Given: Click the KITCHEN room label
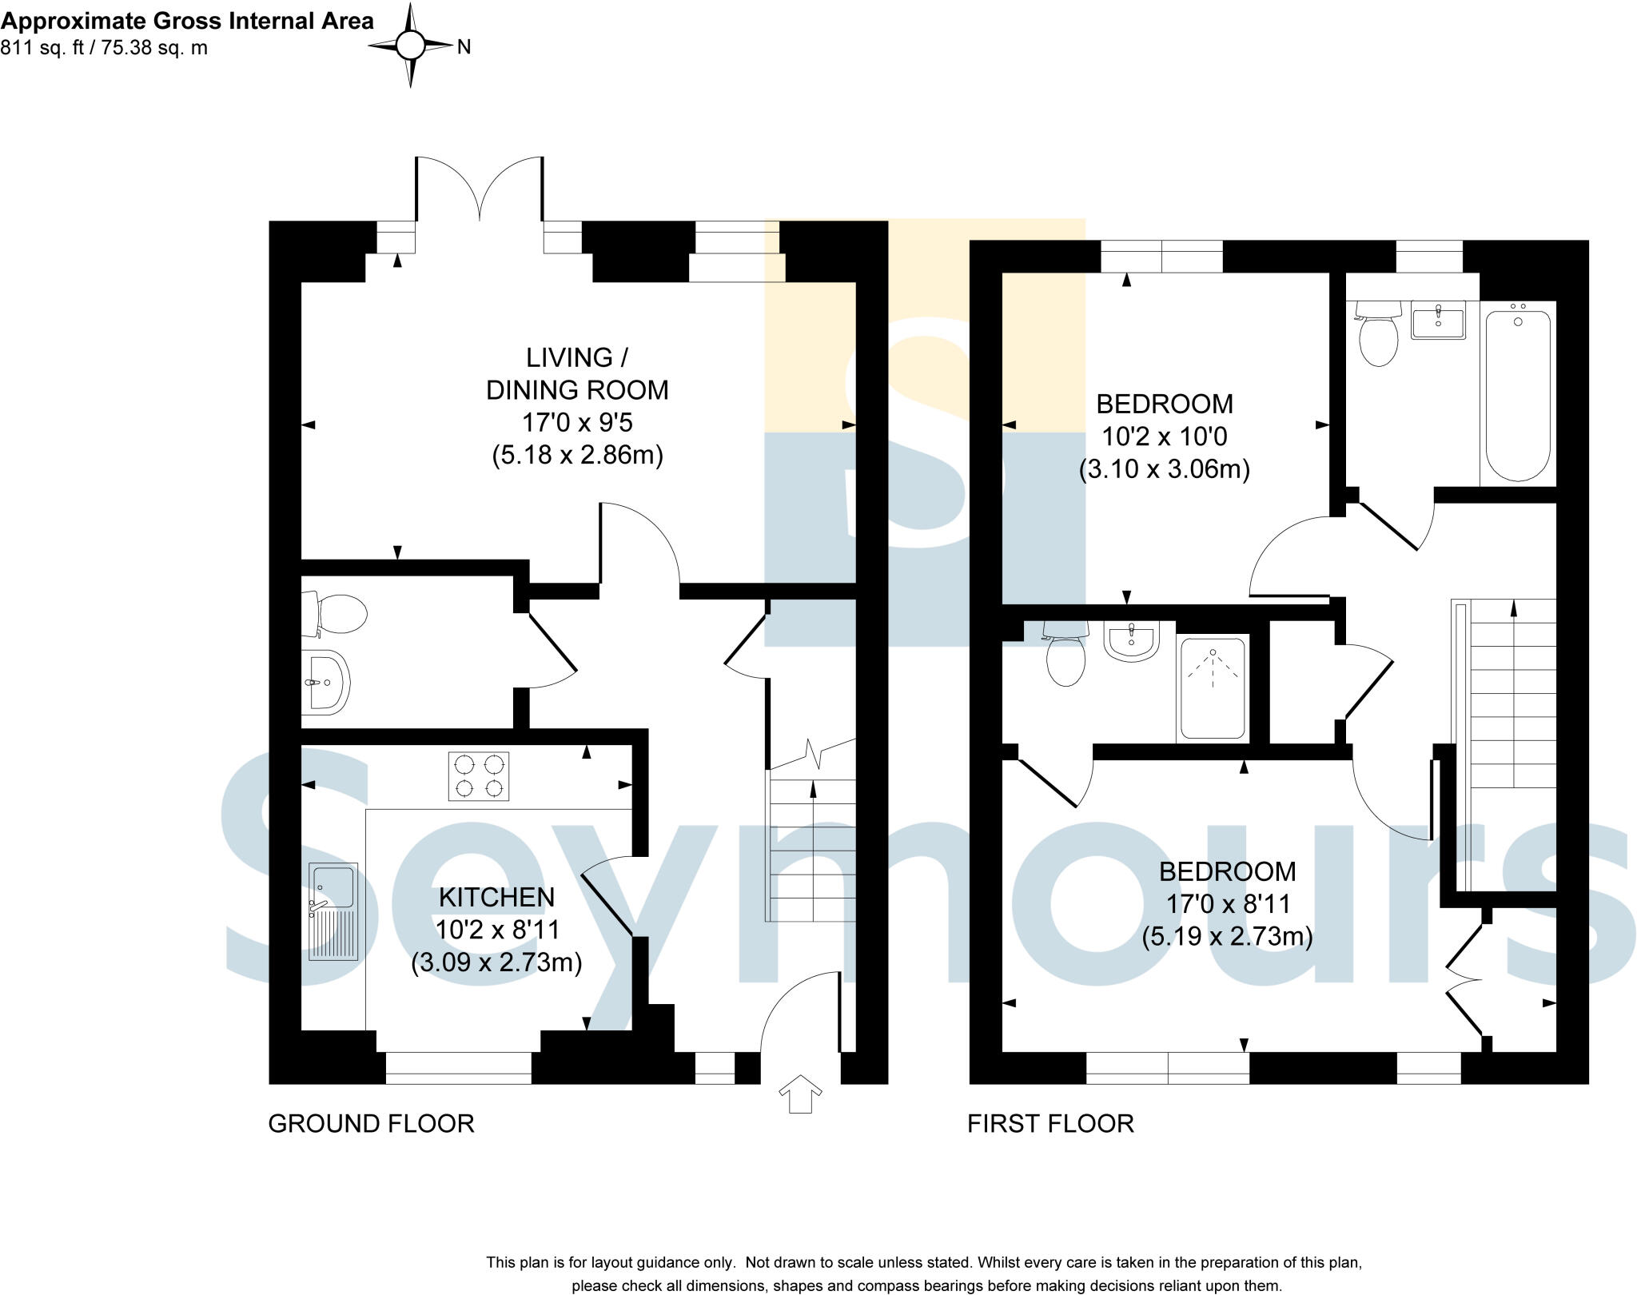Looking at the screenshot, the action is (496, 897).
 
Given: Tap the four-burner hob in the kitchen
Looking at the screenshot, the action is (478, 776).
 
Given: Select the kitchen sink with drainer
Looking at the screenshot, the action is (333, 911).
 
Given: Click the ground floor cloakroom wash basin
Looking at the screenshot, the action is (325, 682).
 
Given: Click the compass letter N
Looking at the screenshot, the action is (464, 47).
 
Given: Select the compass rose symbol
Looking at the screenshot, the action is (411, 46).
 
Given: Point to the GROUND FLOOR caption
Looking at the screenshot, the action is (371, 1124).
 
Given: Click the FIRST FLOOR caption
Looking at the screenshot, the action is (1050, 1124).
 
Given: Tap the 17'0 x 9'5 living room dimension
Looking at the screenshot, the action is (577, 422).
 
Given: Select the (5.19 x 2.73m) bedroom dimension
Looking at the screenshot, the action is (1227, 936).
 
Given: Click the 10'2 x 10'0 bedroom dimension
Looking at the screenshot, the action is (1165, 436).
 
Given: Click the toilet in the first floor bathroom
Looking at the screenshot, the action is (1378, 333).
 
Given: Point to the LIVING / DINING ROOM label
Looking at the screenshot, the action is (577, 373).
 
